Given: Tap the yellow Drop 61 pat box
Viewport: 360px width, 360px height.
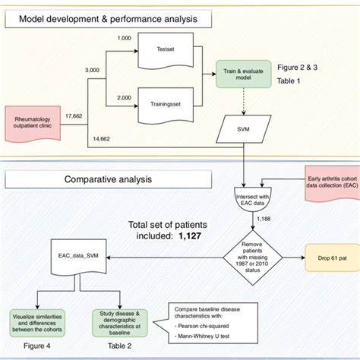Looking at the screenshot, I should [328, 256].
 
